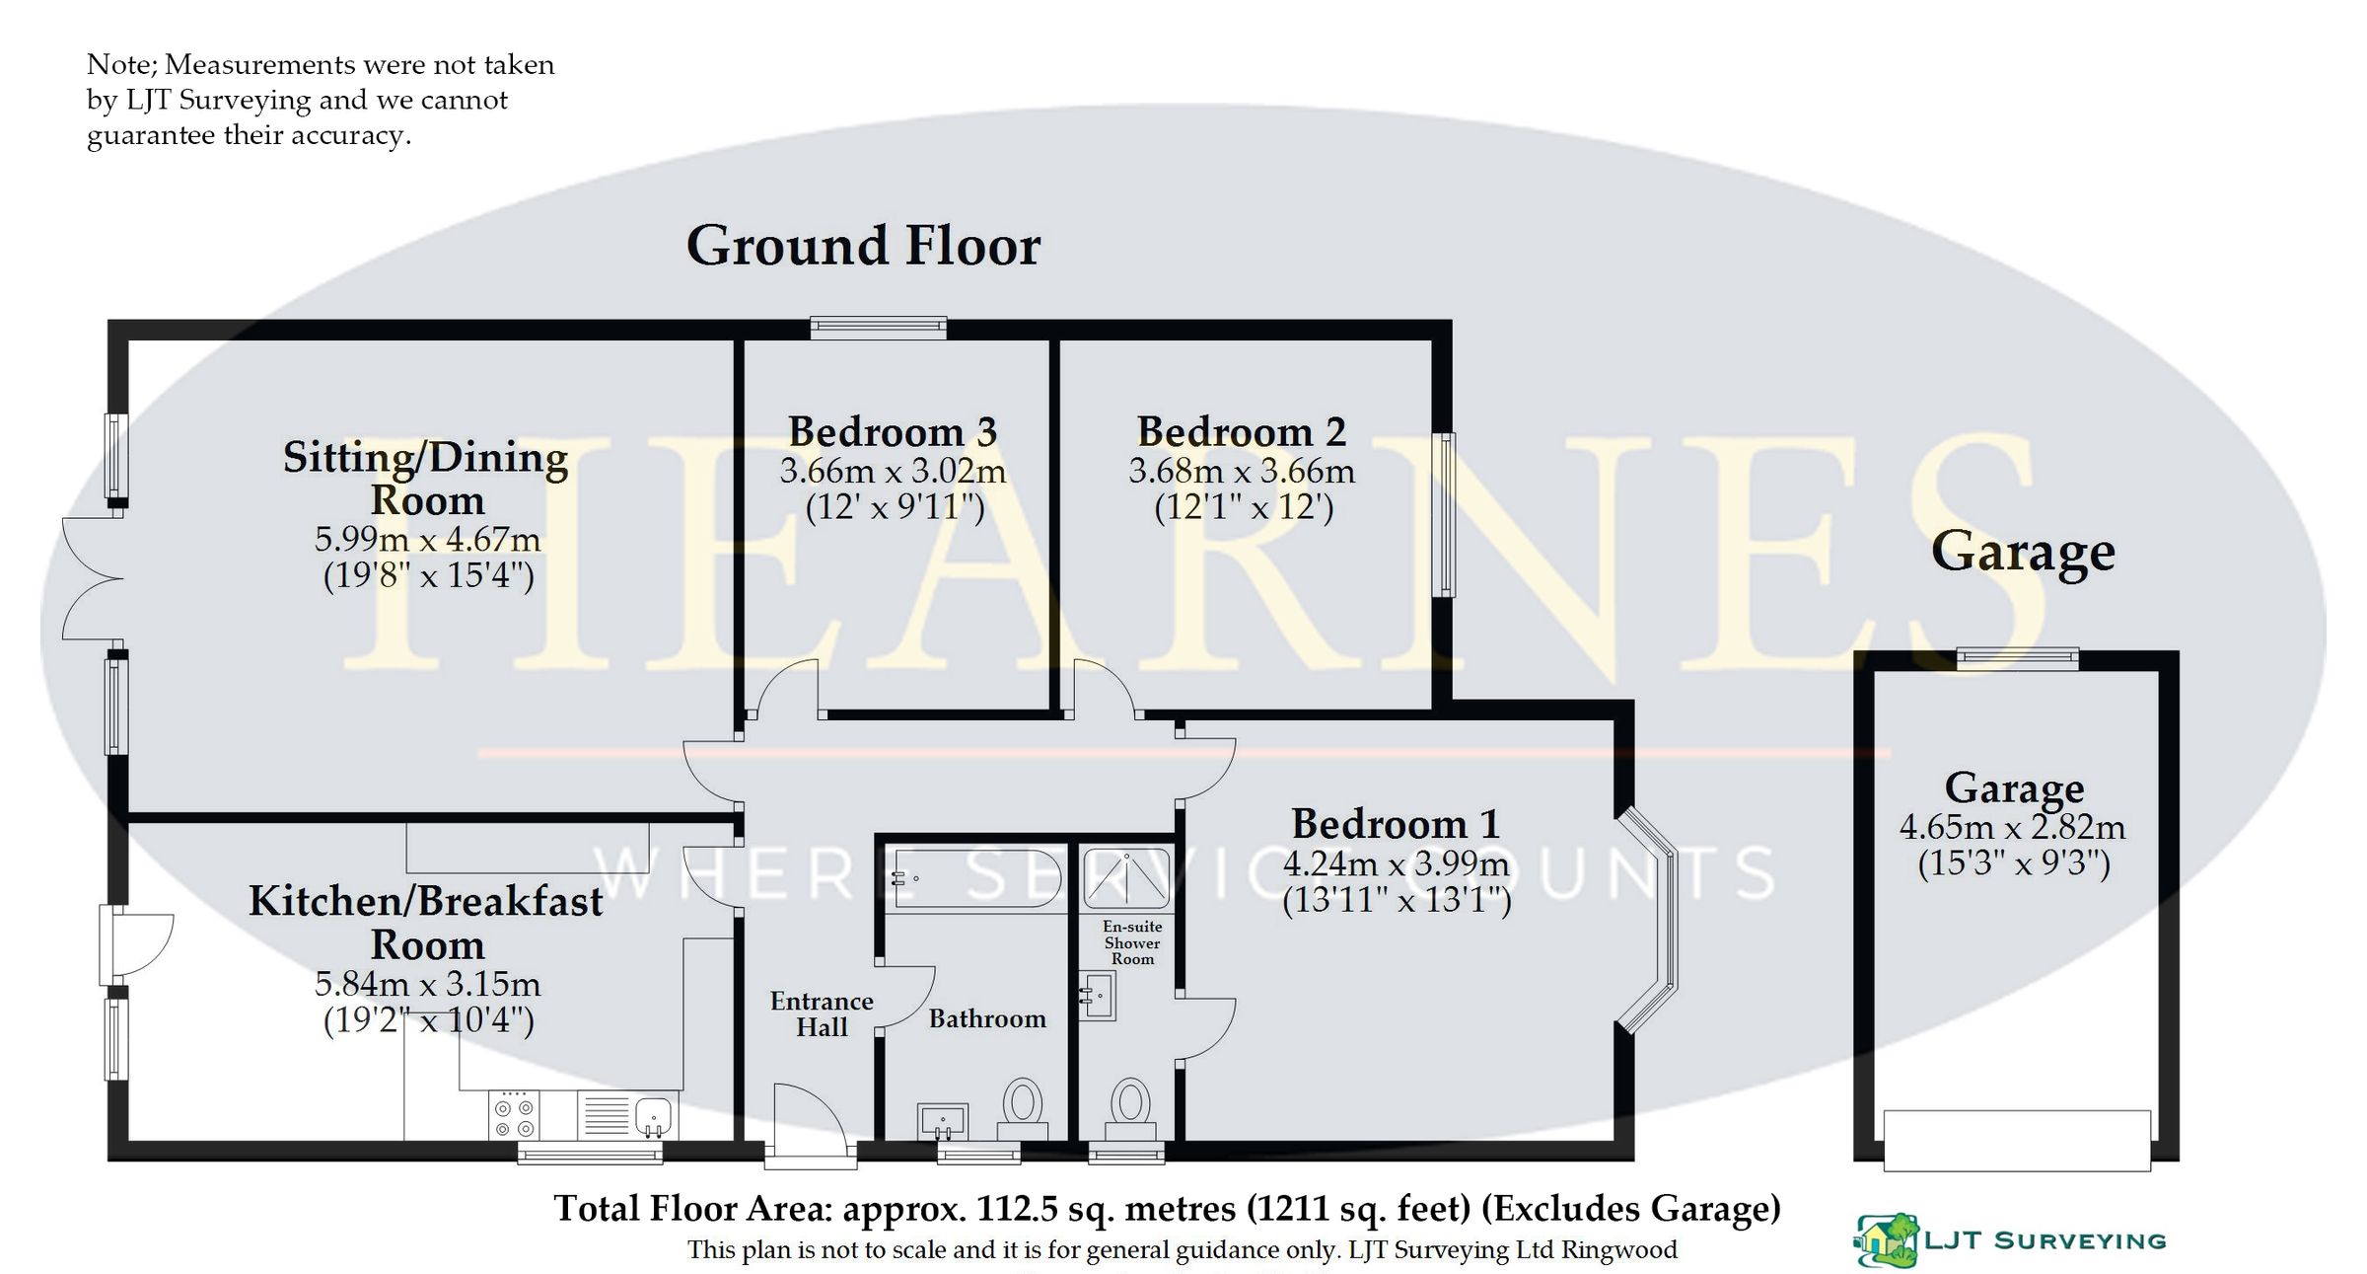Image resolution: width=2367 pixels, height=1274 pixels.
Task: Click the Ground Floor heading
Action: point(863,246)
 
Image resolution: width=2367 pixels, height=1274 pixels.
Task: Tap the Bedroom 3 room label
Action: point(893,431)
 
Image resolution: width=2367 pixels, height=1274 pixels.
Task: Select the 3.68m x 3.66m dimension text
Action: point(1242,472)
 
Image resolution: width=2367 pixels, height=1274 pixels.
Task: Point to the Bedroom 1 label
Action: point(1396,823)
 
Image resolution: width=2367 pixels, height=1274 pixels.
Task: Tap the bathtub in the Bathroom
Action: point(976,879)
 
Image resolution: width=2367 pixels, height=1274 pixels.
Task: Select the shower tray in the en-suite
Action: point(1126,877)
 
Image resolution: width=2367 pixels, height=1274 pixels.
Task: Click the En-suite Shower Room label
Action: point(1132,942)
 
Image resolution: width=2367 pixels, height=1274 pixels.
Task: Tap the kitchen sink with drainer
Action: point(627,1116)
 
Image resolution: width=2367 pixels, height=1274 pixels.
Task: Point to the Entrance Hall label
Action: point(822,1013)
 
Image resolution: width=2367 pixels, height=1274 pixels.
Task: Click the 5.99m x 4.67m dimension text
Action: point(427,540)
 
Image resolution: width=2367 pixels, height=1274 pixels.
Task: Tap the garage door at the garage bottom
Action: point(2016,1140)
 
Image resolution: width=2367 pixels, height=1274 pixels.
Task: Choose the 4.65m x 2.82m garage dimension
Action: point(2013,827)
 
